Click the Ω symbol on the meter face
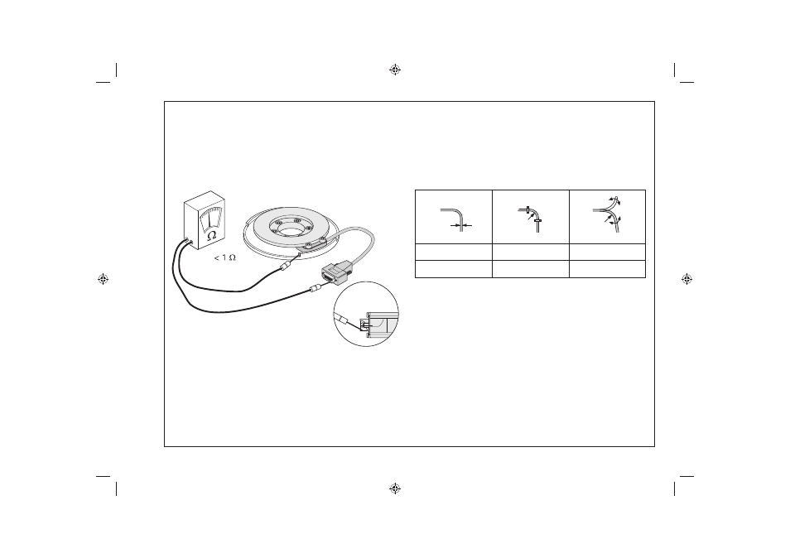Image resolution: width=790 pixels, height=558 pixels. (x=212, y=235)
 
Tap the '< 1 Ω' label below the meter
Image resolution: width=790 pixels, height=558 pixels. (x=224, y=257)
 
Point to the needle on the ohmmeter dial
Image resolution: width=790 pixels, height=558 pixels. (x=210, y=222)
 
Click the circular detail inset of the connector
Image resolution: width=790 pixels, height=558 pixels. (x=366, y=314)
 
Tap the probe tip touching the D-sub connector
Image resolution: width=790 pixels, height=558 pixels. (x=315, y=289)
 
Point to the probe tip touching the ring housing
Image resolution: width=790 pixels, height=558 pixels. (x=288, y=266)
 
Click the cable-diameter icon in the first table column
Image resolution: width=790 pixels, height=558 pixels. (x=456, y=219)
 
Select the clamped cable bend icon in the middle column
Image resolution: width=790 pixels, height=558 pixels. (x=531, y=219)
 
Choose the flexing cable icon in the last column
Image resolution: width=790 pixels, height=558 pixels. (x=607, y=214)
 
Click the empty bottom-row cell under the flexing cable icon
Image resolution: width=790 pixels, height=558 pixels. (x=607, y=269)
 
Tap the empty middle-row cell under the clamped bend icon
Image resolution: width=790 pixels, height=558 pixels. (x=531, y=253)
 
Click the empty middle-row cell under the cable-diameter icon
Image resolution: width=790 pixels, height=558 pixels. (x=454, y=253)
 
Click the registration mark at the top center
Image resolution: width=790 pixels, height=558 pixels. (x=395, y=70)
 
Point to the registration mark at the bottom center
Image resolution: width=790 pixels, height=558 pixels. (x=395, y=488)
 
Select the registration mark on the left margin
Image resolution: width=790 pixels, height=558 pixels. (x=104, y=279)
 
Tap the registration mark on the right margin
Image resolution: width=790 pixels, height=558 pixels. (x=686, y=279)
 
